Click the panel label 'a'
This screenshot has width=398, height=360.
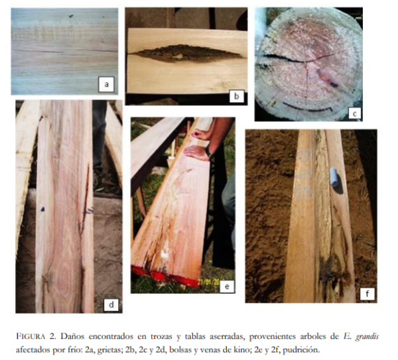[x=106, y=84]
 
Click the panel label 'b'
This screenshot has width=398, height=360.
[x=237, y=96]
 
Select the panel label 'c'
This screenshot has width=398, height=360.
[x=354, y=113]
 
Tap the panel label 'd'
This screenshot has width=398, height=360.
[x=111, y=304]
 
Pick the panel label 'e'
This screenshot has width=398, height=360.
[x=227, y=286]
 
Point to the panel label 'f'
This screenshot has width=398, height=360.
[x=367, y=294]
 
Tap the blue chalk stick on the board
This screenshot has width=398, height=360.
[x=334, y=177]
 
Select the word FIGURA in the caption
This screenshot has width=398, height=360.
[x=31, y=337]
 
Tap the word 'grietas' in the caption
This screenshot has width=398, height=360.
[x=109, y=350]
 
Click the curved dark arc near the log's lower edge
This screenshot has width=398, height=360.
[x=307, y=107]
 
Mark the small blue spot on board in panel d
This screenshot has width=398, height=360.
[x=42, y=209]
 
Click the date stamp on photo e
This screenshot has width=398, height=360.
[x=209, y=282]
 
